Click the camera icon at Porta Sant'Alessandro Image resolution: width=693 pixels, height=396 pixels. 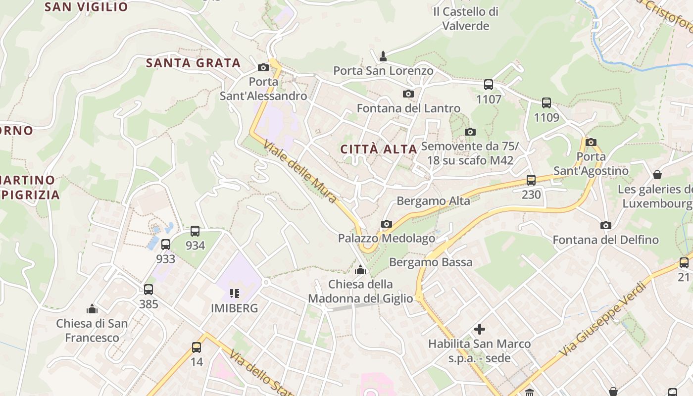tap(263, 67)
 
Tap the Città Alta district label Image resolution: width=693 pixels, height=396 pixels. tap(379, 149)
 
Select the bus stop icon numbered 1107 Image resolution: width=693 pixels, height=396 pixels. tap(489, 85)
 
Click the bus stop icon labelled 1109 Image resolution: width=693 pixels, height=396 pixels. tap(546, 103)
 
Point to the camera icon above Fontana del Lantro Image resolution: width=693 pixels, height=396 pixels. tap(408, 94)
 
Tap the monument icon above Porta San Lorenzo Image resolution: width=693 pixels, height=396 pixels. tap(383, 56)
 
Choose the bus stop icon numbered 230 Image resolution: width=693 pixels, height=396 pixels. tap(531, 180)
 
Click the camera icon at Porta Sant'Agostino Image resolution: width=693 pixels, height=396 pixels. tap(591, 142)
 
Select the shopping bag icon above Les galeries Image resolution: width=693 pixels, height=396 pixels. tap(657, 175)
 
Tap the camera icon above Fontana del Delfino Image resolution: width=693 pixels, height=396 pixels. tap(605, 226)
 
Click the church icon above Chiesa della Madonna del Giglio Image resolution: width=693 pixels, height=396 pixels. tap(360, 270)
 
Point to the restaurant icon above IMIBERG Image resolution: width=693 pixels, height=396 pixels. tap(235, 294)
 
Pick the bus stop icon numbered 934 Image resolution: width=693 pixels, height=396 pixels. tap(195, 231)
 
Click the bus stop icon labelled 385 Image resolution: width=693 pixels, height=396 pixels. tap(148, 290)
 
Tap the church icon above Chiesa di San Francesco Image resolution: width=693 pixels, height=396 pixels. tap(92, 309)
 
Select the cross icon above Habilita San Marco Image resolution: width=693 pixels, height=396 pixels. tap(479, 329)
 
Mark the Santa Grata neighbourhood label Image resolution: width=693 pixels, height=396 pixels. tap(193, 63)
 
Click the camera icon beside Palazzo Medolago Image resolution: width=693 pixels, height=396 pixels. tap(387, 224)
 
